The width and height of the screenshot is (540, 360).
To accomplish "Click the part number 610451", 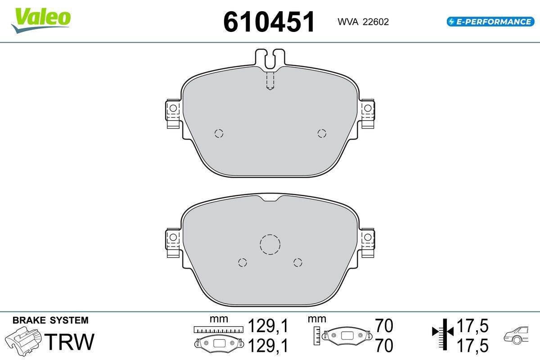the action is click(x=269, y=22).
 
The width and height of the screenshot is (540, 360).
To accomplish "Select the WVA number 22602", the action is click(x=376, y=22).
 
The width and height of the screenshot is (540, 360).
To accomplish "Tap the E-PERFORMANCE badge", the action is click(x=490, y=22).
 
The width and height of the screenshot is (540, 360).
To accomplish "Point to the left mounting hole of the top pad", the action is click(x=173, y=108).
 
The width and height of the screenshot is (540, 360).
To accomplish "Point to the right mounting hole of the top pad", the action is click(x=368, y=108).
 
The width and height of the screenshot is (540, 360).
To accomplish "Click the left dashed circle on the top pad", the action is click(x=219, y=133).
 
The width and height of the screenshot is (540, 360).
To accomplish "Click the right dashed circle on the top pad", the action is click(x=322, y=133).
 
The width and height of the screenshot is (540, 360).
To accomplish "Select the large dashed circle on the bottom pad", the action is click(x=270, y=244).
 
